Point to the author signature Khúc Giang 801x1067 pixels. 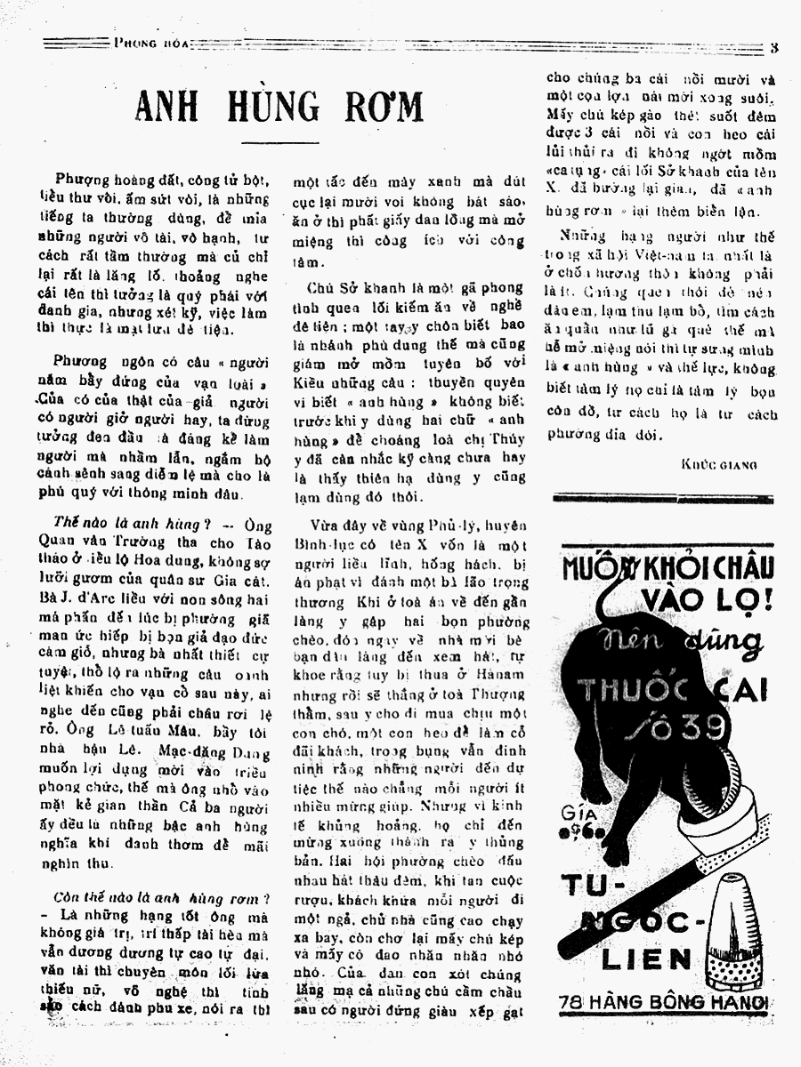point(719,465)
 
